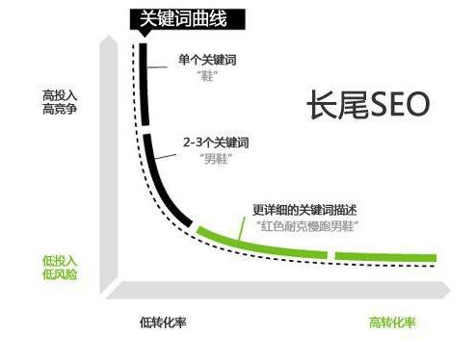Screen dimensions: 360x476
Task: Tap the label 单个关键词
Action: (x=208, y=60)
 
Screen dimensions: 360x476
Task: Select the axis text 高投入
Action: (x=61, y=96)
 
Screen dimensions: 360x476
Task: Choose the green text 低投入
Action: (x=61, y=261)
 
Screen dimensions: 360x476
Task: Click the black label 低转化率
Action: (x=162, y=321)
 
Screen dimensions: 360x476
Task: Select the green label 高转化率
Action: (x=393, y=321)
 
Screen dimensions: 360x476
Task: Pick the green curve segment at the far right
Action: (x=385, y=256)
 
